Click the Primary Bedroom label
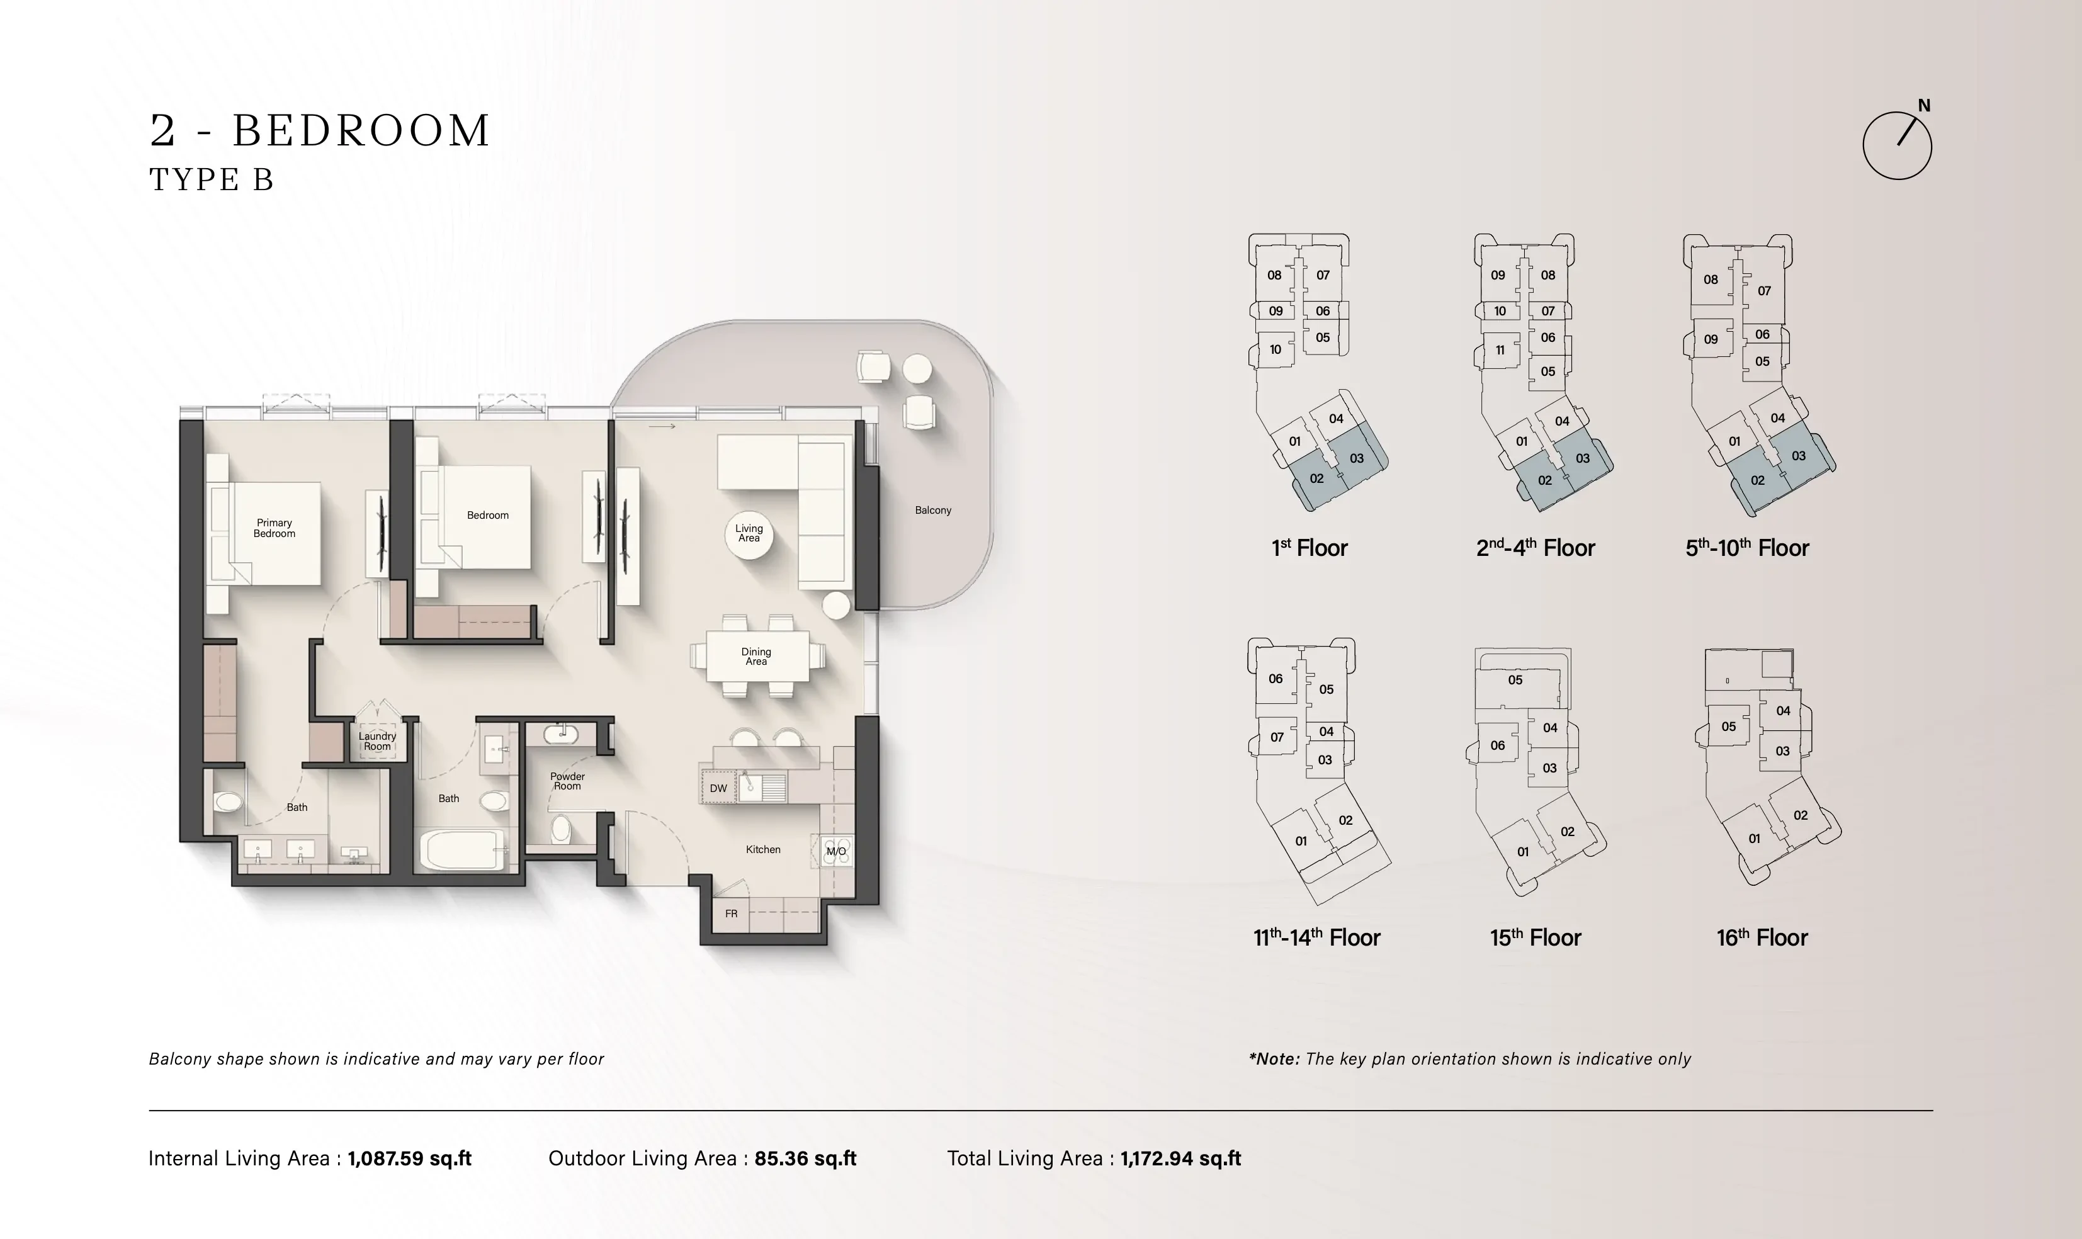(274, 528)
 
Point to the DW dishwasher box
(718, 788)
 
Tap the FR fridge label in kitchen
(732, 914)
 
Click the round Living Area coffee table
(749, 535)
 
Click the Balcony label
(932, 510)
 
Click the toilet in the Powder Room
(561, 830)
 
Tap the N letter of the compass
(1923, 106)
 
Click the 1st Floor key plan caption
(1309, 548)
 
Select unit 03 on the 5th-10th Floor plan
(1798, 456)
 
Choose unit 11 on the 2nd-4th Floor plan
(1500, 351)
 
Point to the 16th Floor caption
(1762, 937)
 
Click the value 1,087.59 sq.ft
(410, 1159)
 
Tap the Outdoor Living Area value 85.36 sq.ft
(806, 1159)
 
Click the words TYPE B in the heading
(212, 179)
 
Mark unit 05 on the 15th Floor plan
(1515, 679)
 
